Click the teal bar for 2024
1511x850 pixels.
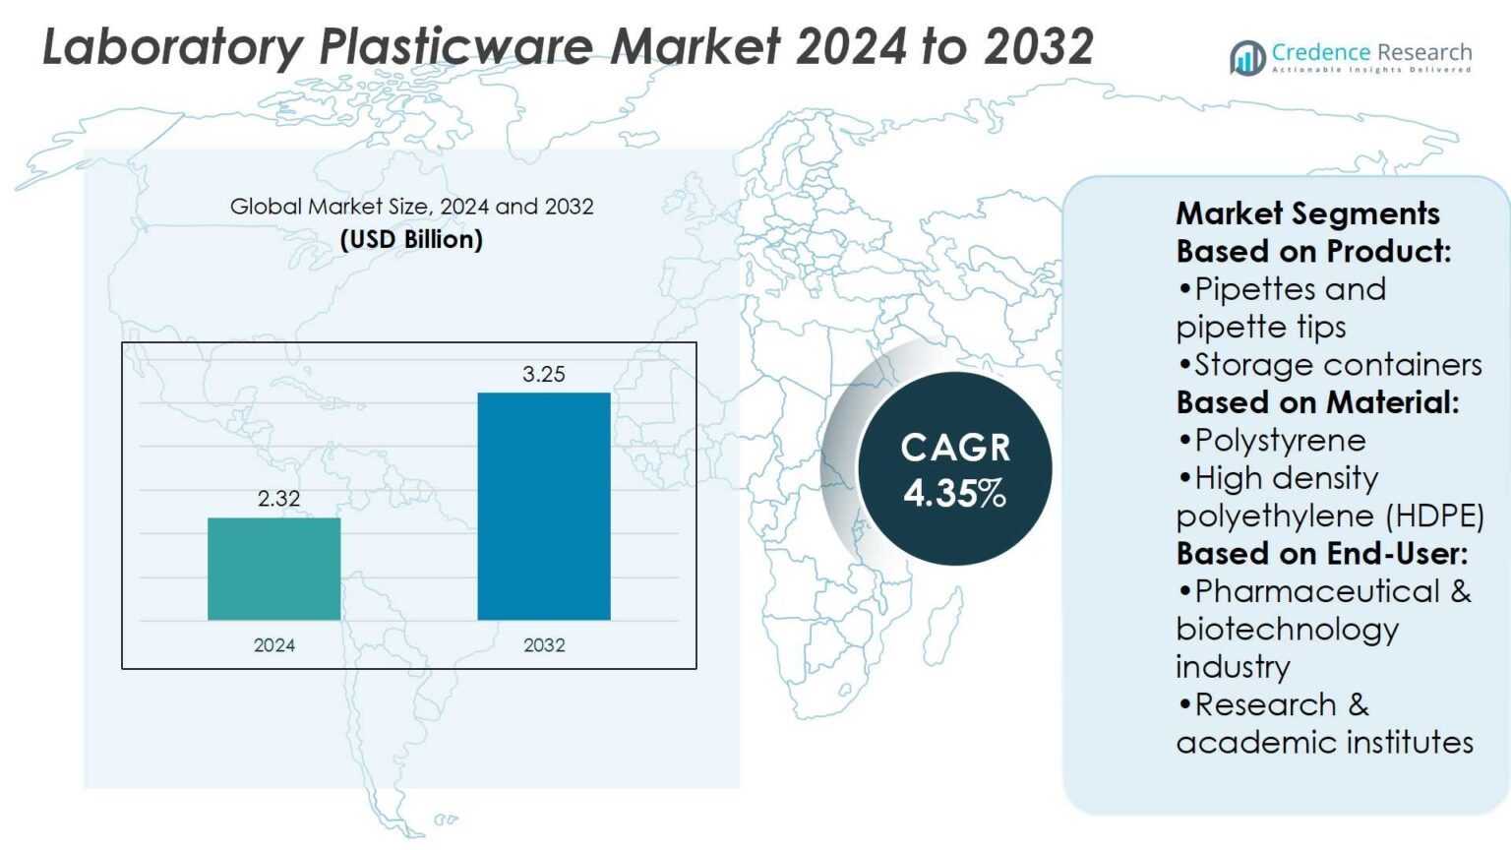point(273,569)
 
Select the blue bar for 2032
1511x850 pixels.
point(544,506)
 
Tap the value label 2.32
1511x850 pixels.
point(278,499)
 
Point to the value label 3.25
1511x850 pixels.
point(544,374)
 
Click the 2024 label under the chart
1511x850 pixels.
point(273,645)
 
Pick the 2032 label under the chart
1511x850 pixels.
point(544,645)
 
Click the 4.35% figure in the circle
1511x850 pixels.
point(954,493)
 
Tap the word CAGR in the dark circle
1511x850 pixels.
point(955,448)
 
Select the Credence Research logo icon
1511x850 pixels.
point(1247,57)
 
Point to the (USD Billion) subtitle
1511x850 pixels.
point(411,239)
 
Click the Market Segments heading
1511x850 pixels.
point(1307,213)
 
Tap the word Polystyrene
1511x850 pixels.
point(1280,441)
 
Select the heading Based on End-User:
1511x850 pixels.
point(1321,554)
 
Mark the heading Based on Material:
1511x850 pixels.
point(1317,402)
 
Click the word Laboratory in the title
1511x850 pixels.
point(173,46)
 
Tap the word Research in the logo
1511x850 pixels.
point(1423,52)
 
